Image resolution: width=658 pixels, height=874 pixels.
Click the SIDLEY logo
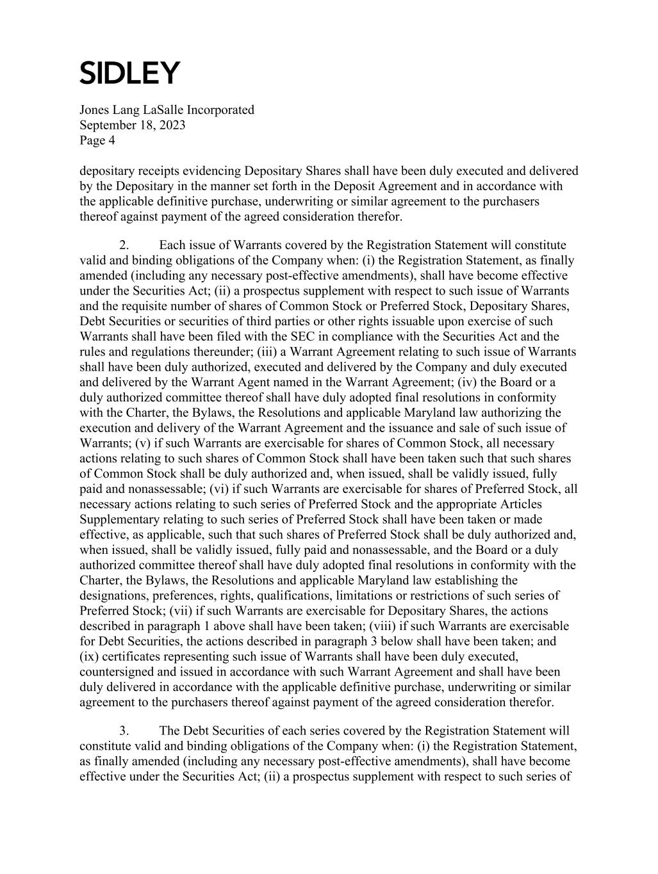[130, 73]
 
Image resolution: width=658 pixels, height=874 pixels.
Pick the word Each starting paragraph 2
[171, 245]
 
